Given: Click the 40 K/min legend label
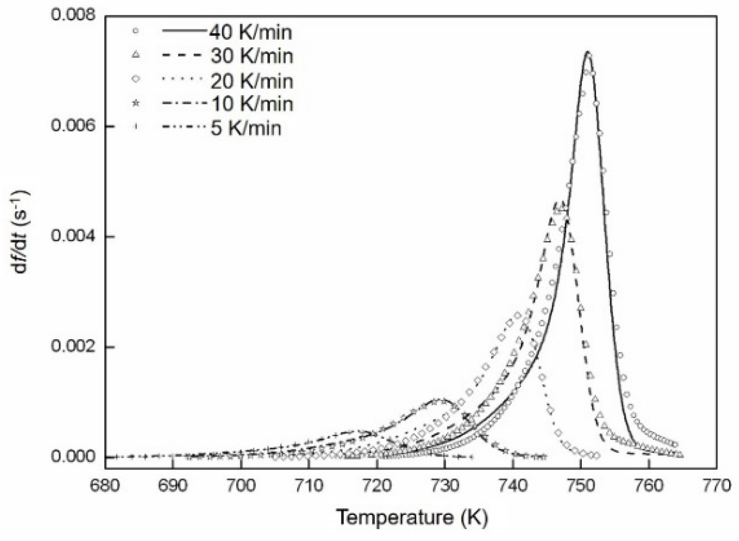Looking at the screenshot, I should click(251, 32).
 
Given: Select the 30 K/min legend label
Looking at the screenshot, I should click(251, 56).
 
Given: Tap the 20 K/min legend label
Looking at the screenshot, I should click(251, 80).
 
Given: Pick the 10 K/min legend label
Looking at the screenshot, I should click(251, 104).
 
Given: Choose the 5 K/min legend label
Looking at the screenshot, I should click(246, 128).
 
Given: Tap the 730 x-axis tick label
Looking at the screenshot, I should click(444, 486).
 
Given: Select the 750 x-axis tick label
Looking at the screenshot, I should click(580, 486).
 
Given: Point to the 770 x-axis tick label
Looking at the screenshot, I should click(716, 486).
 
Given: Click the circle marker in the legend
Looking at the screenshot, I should click(136, 31).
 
